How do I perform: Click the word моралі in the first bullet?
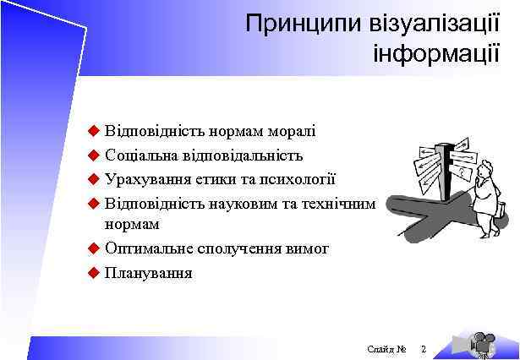pos(292,131)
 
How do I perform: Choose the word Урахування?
pos(145,179)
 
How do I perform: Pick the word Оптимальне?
pos(146,249)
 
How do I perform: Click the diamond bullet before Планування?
pos(93,273)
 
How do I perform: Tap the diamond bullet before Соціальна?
pos(93,155)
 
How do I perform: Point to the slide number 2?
pos(424,349)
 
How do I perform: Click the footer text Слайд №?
pos(387,349)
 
